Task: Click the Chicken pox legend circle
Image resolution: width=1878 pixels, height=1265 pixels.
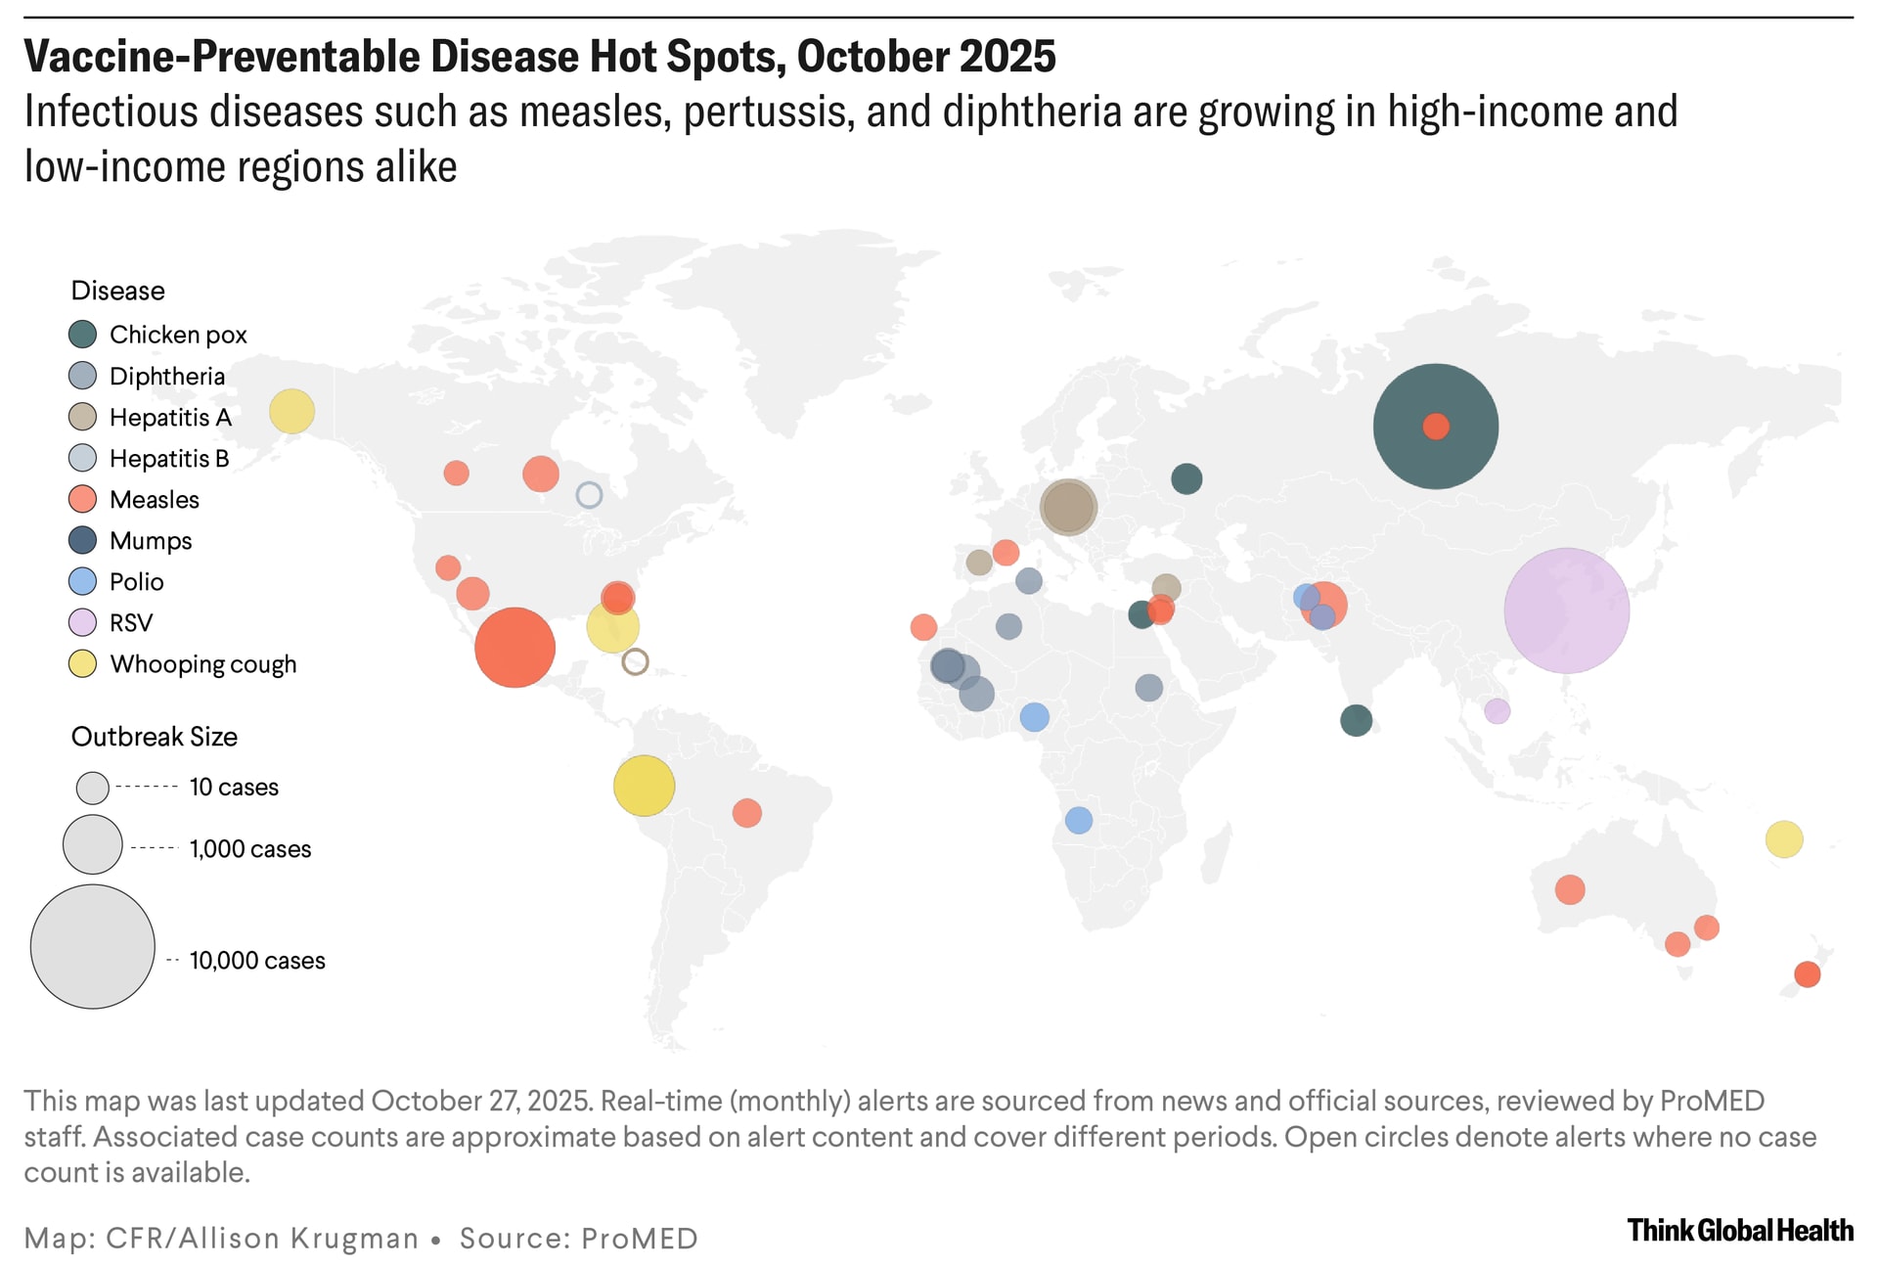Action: [83, 335]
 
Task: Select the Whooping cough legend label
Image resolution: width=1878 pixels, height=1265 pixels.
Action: [202, 664]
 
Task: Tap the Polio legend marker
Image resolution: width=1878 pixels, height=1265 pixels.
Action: [83, 582]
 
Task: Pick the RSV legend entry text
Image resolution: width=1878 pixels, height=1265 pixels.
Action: [131, 623]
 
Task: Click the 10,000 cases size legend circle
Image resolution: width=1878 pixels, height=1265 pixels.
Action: [93, 947]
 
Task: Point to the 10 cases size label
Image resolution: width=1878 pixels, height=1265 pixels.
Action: [234, 788]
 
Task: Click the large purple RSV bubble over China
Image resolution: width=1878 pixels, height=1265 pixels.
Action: [1566, 610]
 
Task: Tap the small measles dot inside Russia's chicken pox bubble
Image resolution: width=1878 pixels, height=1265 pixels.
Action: [1435, 427]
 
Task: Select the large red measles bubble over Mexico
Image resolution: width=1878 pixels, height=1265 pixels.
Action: [514, 648]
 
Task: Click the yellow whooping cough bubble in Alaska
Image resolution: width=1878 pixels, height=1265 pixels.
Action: [291, 411]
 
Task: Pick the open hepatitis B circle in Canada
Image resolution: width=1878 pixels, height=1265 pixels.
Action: [589, 495]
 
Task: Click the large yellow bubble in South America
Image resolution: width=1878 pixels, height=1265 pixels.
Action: [644, 786]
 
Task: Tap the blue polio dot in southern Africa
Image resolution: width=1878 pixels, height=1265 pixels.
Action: [1078, 820]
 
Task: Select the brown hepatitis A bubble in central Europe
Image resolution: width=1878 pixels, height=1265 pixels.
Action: [1068, 507]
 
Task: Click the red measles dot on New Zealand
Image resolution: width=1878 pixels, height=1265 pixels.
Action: [1807, 974]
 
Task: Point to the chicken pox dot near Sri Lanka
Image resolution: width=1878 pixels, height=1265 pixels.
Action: [1356, 721]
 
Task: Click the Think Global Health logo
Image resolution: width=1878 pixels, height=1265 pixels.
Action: [1739, 1230]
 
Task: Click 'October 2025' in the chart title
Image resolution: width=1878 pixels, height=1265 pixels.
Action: [926, 57]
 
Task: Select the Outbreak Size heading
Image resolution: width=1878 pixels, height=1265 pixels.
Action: [155, 737]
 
